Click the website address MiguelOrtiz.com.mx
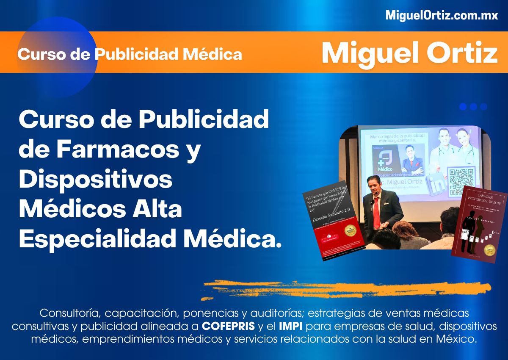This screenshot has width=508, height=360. click(442, 16)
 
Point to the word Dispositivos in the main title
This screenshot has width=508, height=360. click(96, 180)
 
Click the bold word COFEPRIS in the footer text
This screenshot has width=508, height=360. click(228, 327)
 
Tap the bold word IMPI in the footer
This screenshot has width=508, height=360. click(290, 327)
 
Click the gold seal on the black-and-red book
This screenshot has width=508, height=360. click(350, 230)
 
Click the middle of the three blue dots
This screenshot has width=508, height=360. click(473, 107)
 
